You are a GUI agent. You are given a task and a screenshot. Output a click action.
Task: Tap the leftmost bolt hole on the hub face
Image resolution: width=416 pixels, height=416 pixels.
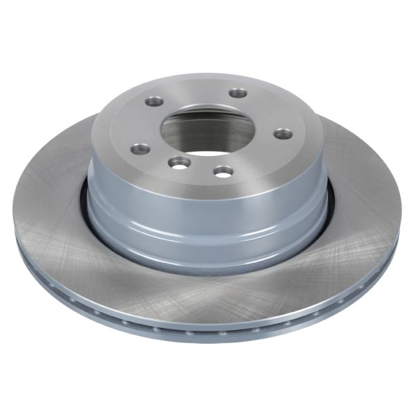click(141, 148)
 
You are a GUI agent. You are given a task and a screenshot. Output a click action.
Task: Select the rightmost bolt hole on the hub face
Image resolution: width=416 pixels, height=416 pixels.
click(281, 133)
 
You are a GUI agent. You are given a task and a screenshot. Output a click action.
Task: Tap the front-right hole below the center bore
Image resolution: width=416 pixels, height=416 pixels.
click(223, 169)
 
